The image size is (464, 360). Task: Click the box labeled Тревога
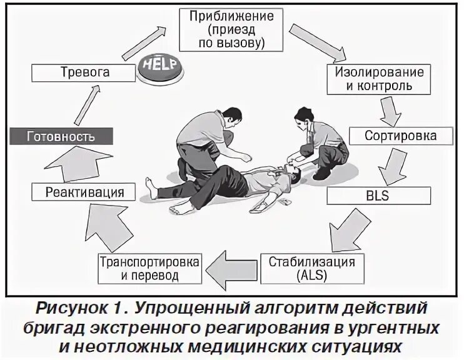[84, 72]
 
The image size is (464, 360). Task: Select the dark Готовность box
[61, 136]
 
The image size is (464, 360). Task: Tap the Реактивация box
[85, 192]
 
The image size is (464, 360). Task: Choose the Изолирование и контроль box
[379, 79]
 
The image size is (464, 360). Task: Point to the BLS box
[379, 196]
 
